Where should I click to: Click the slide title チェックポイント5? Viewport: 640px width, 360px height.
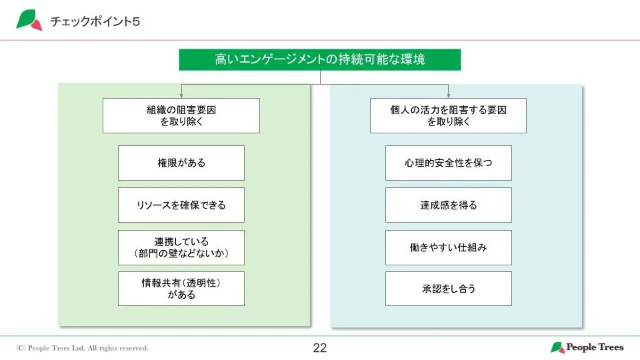(95, 21)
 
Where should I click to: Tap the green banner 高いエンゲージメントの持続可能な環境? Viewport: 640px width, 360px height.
(320, 59)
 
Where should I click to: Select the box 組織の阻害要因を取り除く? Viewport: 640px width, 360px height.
(181, 116)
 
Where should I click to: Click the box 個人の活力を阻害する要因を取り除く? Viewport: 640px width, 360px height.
(448, 116)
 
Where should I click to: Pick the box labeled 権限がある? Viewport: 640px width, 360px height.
(181, 163)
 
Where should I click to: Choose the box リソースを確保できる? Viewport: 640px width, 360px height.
(181, 205)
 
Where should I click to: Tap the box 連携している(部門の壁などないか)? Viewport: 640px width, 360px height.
(181, 247)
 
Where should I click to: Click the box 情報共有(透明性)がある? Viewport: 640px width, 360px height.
(181, 289)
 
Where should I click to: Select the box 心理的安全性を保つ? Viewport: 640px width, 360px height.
(448, 163)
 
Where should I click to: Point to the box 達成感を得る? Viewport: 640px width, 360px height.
(448, 205)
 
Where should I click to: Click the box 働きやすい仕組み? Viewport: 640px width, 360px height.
(448, 247)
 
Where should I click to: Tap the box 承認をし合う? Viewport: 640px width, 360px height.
(448, 289)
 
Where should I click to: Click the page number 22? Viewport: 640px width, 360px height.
(320, 348)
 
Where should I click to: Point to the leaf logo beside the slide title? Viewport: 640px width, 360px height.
(29, 20)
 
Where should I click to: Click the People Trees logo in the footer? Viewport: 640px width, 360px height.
(587, 347)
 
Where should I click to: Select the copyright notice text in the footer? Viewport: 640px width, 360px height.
(83, 348)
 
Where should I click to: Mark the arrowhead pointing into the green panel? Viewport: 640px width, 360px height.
(181, 95)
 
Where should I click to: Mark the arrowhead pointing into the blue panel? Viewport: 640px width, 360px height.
(448, 95)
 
